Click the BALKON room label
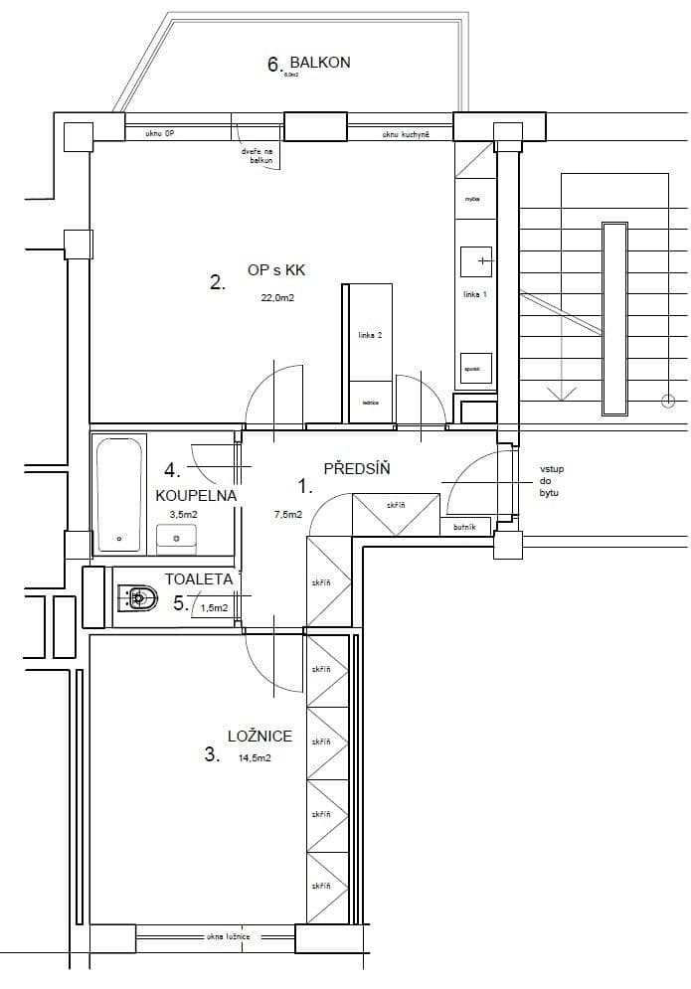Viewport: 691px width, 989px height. coord(320,63)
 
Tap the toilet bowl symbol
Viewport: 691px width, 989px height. coord(138,597)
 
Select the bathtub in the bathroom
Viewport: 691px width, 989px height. coord(120,493)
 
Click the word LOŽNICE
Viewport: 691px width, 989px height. coord(260,737)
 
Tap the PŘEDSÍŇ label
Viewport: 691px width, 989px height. coord(356,468)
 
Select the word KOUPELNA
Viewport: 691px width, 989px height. coord(195,494)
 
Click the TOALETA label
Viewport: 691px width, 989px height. coord(199,578)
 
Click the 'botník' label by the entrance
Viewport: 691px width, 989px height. coord(464,528)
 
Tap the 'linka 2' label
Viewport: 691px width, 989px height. coord(370,336)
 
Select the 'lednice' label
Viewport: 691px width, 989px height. coord(370,403)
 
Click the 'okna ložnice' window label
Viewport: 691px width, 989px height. coord(228,937)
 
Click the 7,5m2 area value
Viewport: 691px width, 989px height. coord(287,514)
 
